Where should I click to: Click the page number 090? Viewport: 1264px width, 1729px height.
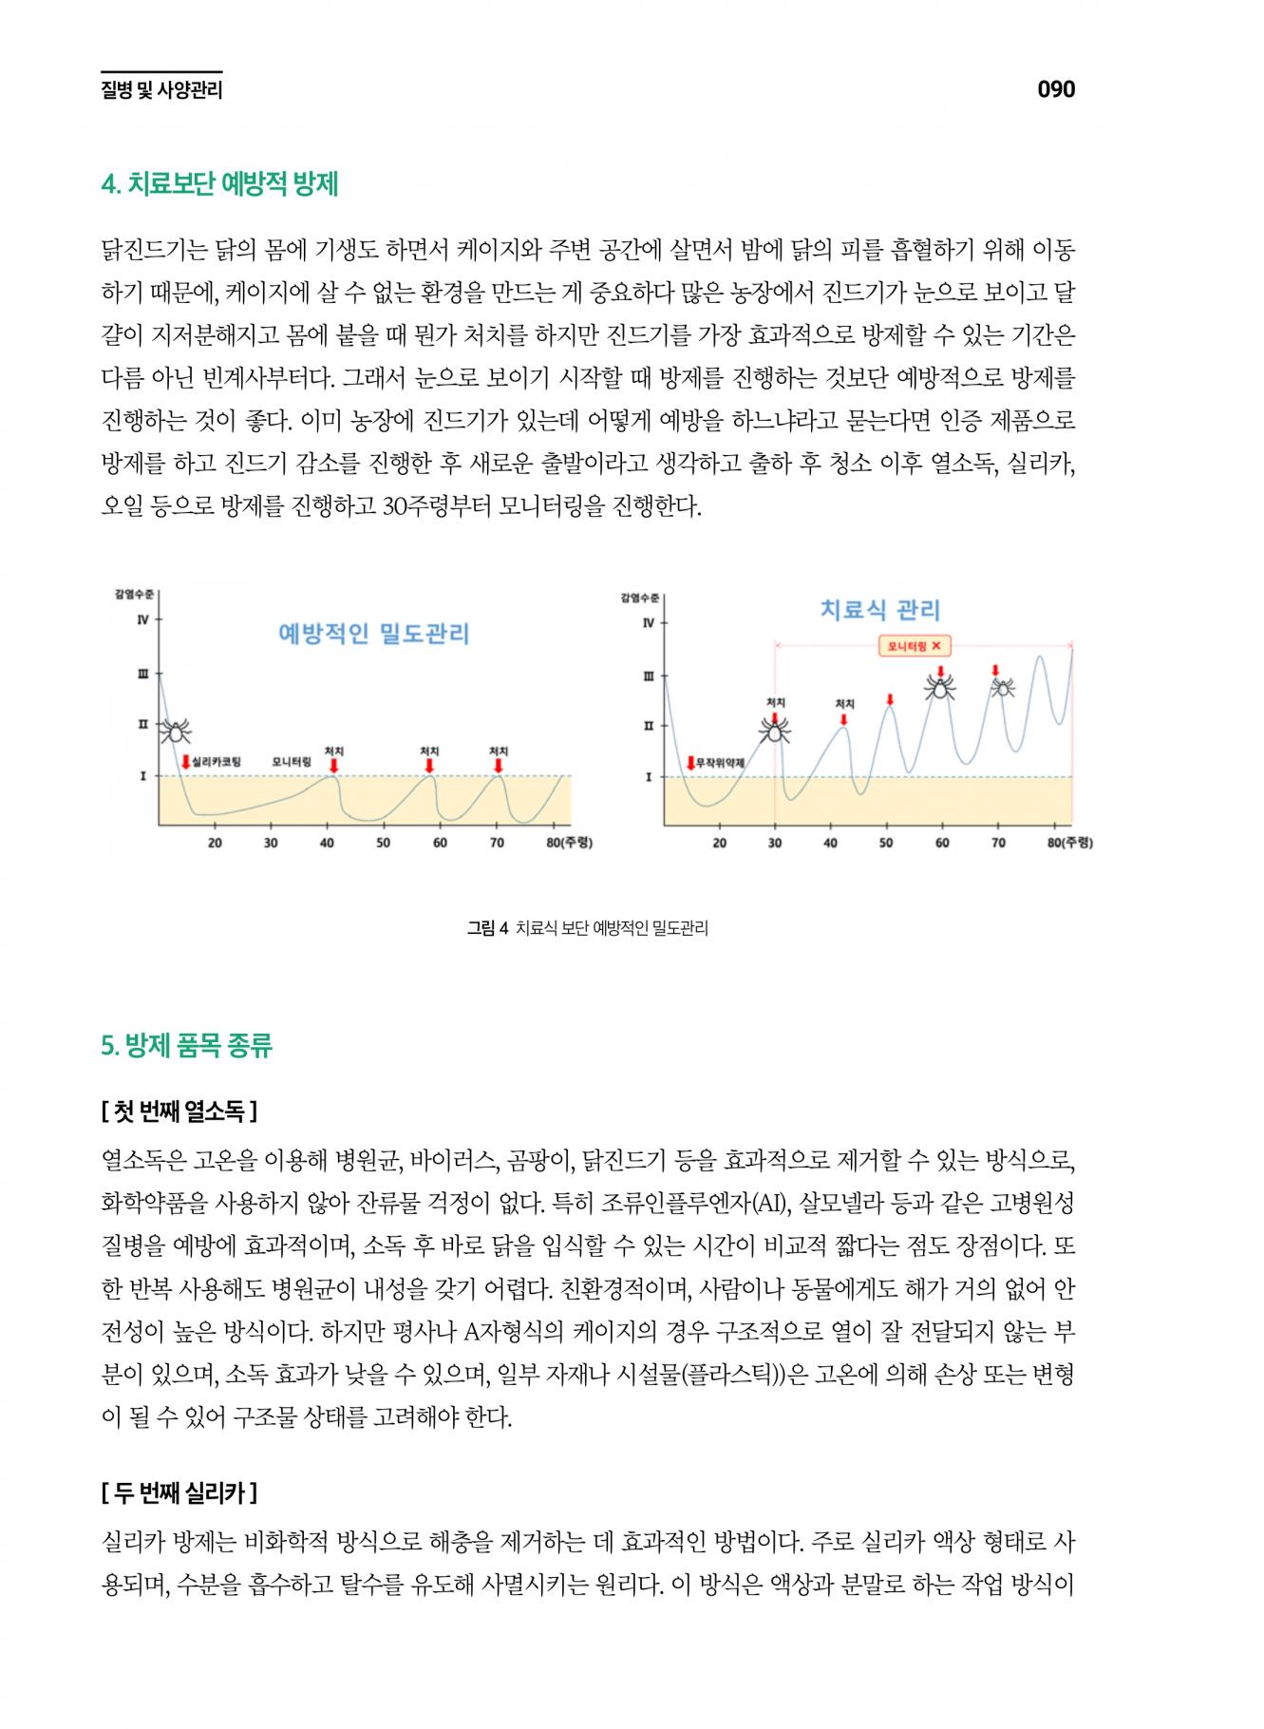[1055, 89]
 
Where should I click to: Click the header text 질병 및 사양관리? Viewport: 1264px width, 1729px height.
[161, 91]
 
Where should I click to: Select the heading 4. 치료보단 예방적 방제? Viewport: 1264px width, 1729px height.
[219, 183]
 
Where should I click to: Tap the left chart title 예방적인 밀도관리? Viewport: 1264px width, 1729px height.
[373, 634]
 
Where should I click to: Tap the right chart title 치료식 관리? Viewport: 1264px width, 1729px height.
[879, 610]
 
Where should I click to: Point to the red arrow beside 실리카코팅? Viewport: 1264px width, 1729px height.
[186, 762]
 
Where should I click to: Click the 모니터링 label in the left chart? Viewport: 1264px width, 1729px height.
[292, 762]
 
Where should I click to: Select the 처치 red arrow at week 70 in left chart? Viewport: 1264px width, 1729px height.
[499, 765]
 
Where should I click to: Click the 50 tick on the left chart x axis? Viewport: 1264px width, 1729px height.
[383, 843]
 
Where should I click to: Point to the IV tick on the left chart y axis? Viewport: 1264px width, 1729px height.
[143, 620]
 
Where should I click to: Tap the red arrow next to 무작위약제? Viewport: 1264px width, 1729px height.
[690, 763]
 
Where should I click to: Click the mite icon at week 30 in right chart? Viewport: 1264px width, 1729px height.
[775, 730]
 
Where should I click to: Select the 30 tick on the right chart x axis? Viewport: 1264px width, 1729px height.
[775, 843]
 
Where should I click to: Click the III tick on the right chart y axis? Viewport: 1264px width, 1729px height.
[648, 676]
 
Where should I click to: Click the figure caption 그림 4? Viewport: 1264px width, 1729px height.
[488, 928]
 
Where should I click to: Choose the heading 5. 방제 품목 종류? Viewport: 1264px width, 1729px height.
[187, 1046]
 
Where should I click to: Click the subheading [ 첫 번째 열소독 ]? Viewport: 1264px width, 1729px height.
[179, 1110]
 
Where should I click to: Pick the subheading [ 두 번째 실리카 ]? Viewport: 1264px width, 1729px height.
[179, 1492]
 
